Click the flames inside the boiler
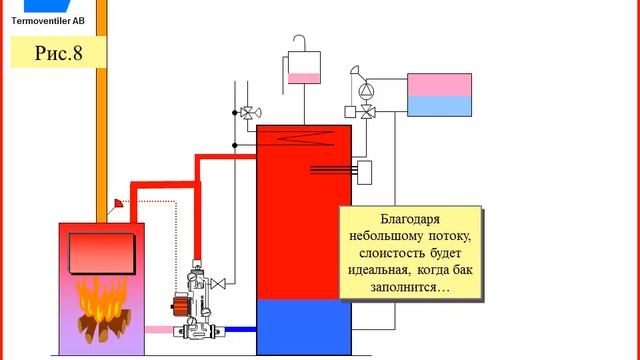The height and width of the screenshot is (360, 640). pyautogui.click(x=99, y=299)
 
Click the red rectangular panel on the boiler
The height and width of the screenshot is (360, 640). pyautogui.click(x=101, y=252)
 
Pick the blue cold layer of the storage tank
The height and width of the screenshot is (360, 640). pyautogui.click(x=305, y=327)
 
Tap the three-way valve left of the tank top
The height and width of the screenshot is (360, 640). pyautogui.click(x=244, y=113)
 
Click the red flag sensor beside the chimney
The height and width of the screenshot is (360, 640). pyautogui.click(x=118, y=204)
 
